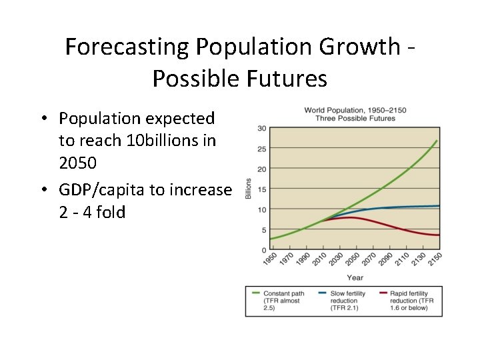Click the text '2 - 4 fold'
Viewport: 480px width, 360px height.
click(x=92, y=213)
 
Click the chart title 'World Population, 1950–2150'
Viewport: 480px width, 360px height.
click(x=355, y=110)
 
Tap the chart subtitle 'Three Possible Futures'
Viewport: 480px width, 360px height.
click(x=355, y=119)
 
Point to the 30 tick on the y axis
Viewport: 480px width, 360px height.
click(x=262, y=129)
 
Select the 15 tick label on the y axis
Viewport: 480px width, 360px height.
click(x=262, y=189)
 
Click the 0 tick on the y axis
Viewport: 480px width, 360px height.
click(x=264, y=250)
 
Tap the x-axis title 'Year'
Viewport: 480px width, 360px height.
click(x=355, y=277)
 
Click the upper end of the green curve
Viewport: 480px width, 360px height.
click(x=437, y=141)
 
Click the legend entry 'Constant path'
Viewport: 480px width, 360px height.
click(x=283, y=293)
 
